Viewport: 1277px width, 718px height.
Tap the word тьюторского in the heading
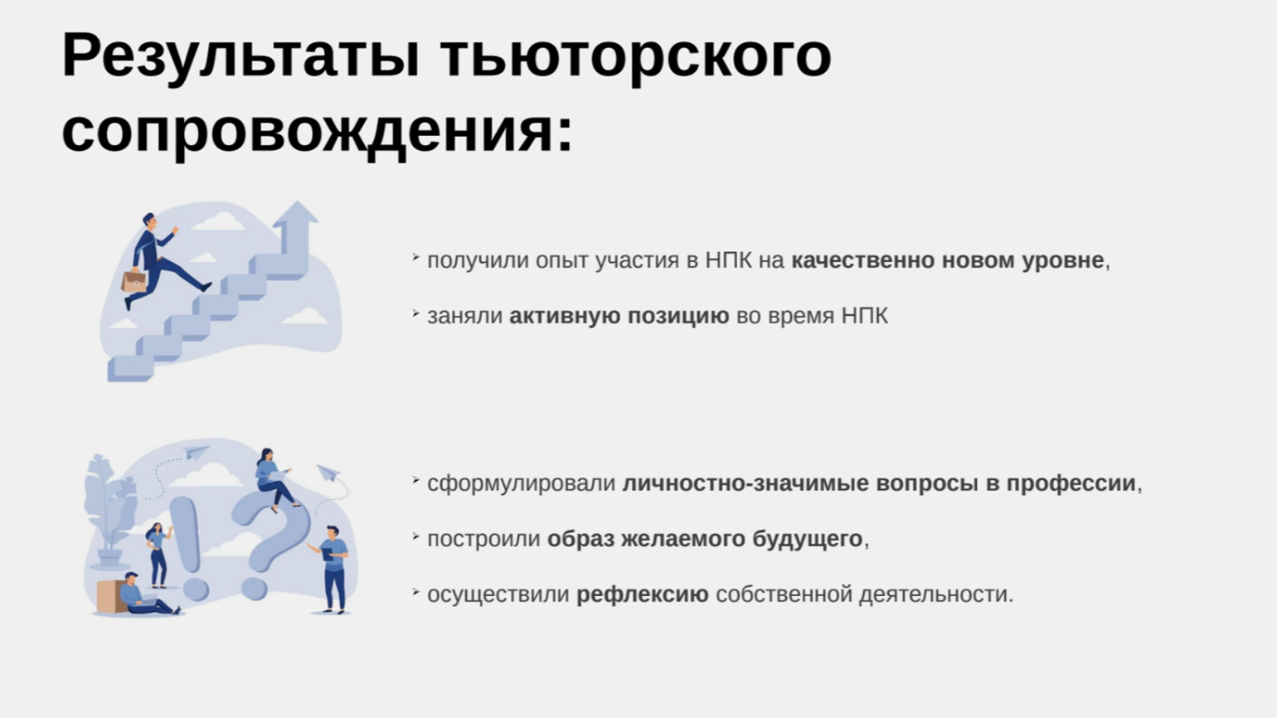coord(636,57)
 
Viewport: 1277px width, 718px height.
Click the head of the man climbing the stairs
coord(148,221)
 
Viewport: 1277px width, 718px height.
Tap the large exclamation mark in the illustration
coord(189,547)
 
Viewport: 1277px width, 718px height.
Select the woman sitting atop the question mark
coord(273,478)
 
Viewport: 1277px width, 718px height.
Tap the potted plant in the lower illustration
coord(109,510)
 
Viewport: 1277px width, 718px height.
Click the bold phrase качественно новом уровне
coord(948,260)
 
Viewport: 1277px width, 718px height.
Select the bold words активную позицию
coord(619,316)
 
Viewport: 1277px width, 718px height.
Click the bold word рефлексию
coord(643,595)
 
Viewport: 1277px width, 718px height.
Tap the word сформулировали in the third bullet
coord(521,484)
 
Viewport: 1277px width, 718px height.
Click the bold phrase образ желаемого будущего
coord(705,539)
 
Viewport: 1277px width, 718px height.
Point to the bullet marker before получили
coord(416,258)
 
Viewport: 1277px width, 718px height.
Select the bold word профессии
coord(1071,484)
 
